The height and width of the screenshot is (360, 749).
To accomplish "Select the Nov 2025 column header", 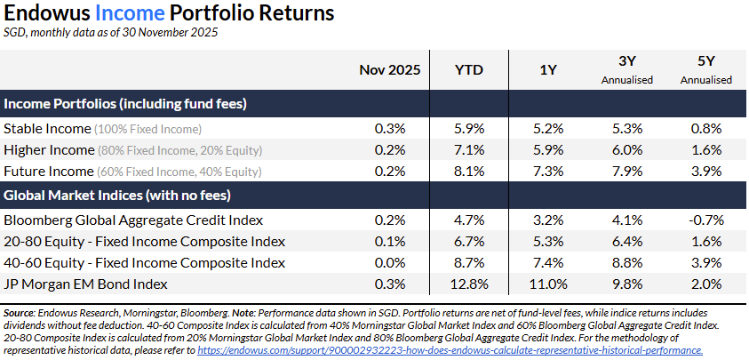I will tap(389, 69).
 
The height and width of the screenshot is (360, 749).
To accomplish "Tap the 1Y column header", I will tap(548, 69).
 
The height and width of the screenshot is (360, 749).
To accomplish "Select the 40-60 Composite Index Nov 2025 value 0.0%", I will tap(389, 262).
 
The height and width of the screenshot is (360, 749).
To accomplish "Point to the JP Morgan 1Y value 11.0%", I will tap(548, 284).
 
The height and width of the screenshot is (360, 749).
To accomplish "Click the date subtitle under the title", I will tap(111, 33).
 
